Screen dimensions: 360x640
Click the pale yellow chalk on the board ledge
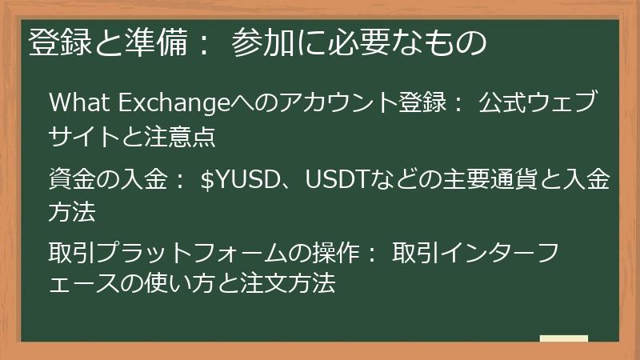click(x=563, y=338)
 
